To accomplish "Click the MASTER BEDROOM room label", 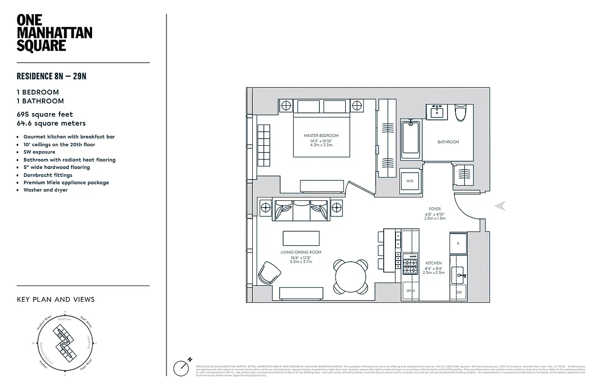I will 321,136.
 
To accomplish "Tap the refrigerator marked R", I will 458,243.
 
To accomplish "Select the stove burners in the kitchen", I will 410,264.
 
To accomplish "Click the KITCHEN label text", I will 433,263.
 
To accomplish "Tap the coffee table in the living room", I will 301,238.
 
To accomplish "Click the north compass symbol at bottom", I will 182,368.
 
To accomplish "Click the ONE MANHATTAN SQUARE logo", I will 54,33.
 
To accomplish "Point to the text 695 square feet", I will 45,115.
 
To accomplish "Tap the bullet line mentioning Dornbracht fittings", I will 48,175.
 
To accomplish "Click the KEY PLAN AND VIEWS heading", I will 56,299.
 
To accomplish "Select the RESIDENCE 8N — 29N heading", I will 52,76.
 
